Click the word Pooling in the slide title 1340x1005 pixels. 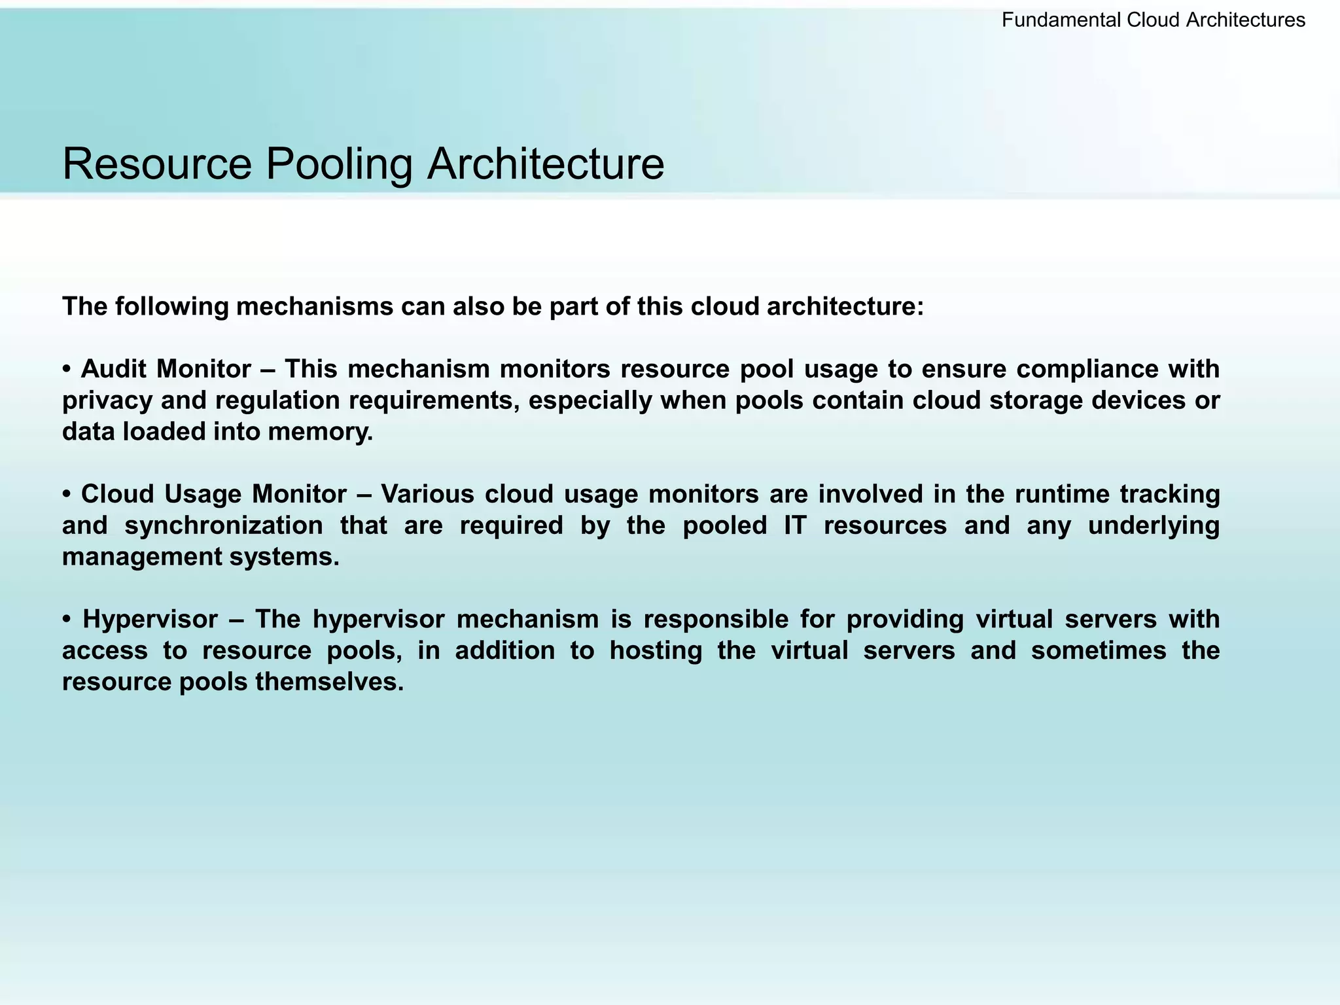338,164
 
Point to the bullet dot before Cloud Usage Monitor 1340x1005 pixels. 67,495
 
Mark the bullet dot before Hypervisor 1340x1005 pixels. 67,620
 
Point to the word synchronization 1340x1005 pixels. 224,525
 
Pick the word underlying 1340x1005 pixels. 1154,525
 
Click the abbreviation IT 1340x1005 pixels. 795,525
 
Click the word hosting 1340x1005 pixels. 656,650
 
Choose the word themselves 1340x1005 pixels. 329,682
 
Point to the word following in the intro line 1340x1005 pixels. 172,306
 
